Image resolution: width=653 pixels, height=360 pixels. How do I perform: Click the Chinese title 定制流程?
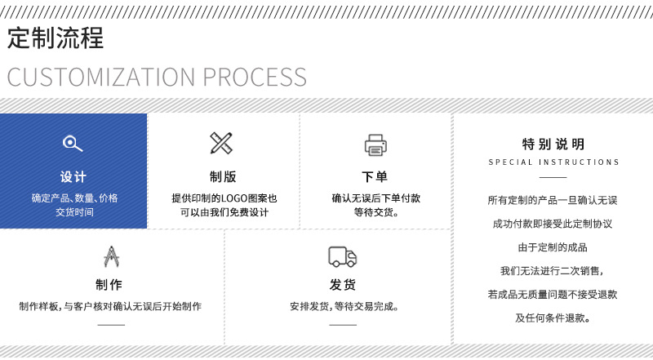tap(56, 38)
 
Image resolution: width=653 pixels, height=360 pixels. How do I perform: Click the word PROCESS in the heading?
tap(255, 78)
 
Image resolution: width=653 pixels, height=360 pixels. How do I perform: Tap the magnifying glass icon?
tap(73, 144)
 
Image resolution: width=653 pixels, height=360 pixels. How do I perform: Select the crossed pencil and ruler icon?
tap(221, 144)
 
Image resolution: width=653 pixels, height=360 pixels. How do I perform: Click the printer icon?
tap(375, 144)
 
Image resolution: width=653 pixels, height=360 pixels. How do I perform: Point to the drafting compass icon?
tap(111, 256)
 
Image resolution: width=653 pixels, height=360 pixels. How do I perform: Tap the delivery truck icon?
tap(343, 256)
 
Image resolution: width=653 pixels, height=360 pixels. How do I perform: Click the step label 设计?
tap(73, 177)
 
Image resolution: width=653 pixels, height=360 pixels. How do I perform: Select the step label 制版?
tap(224, 177)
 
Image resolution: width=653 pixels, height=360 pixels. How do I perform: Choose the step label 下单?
tap(375, 177)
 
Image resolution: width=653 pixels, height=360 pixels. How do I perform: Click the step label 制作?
tap(110, 285)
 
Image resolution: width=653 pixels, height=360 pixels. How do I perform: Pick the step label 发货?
tap(343, 285)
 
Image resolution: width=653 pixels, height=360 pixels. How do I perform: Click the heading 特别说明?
tap(553, 144)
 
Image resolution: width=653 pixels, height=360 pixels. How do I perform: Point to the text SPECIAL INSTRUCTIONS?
tap(553, 162)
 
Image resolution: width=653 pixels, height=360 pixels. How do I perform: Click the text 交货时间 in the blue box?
tap(74, 212)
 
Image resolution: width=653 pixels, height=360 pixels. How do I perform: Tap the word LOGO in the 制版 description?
tap(229, 198)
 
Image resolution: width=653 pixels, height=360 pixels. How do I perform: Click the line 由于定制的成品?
tap(553, 247)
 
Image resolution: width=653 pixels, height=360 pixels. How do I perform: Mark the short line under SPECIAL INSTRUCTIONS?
tap(553, 177)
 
